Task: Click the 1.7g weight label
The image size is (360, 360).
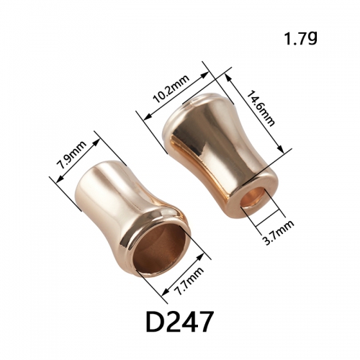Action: [301, 39]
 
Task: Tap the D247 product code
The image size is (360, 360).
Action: [179, 321]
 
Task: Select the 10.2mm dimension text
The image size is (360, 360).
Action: [171, 89]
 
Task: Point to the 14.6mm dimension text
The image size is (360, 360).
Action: [261, 108]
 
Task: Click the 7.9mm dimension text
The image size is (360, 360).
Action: [71, 155]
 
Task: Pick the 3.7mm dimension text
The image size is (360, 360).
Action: [277, 232]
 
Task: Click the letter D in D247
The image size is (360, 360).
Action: [155, 321]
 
